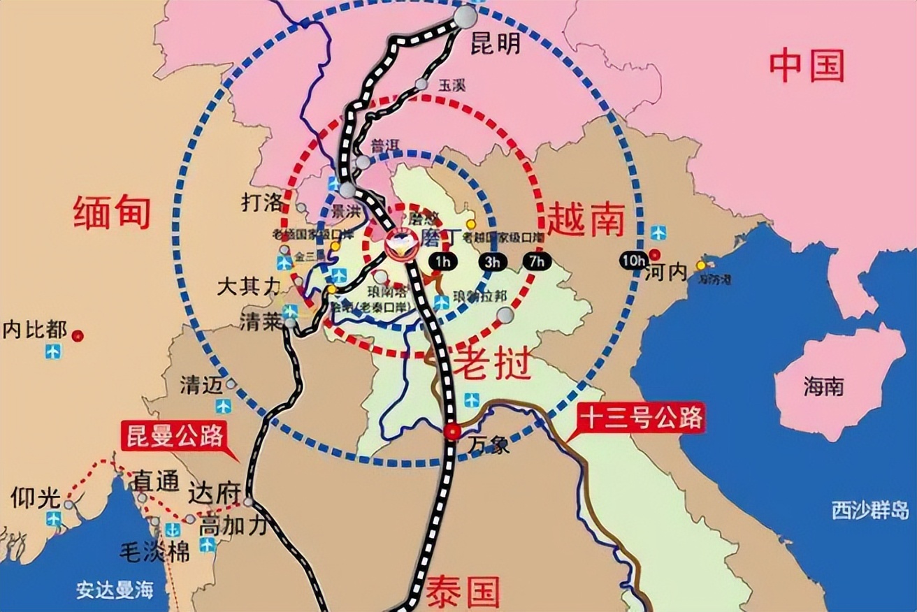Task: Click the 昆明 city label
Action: pos(495,44)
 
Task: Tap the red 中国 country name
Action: pos(807,66)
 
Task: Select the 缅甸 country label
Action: pos(112,212)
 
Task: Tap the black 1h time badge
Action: pos(442,262)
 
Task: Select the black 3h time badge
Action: pos(491,262)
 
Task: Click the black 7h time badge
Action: pos(537,262)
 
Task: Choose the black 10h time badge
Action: pos(634,261)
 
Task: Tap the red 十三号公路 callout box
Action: pos(639,419)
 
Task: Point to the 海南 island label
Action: pos(823,386)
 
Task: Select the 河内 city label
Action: pos(667,272)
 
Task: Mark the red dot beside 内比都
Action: pos(78,335)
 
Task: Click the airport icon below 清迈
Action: pos(223,406)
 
